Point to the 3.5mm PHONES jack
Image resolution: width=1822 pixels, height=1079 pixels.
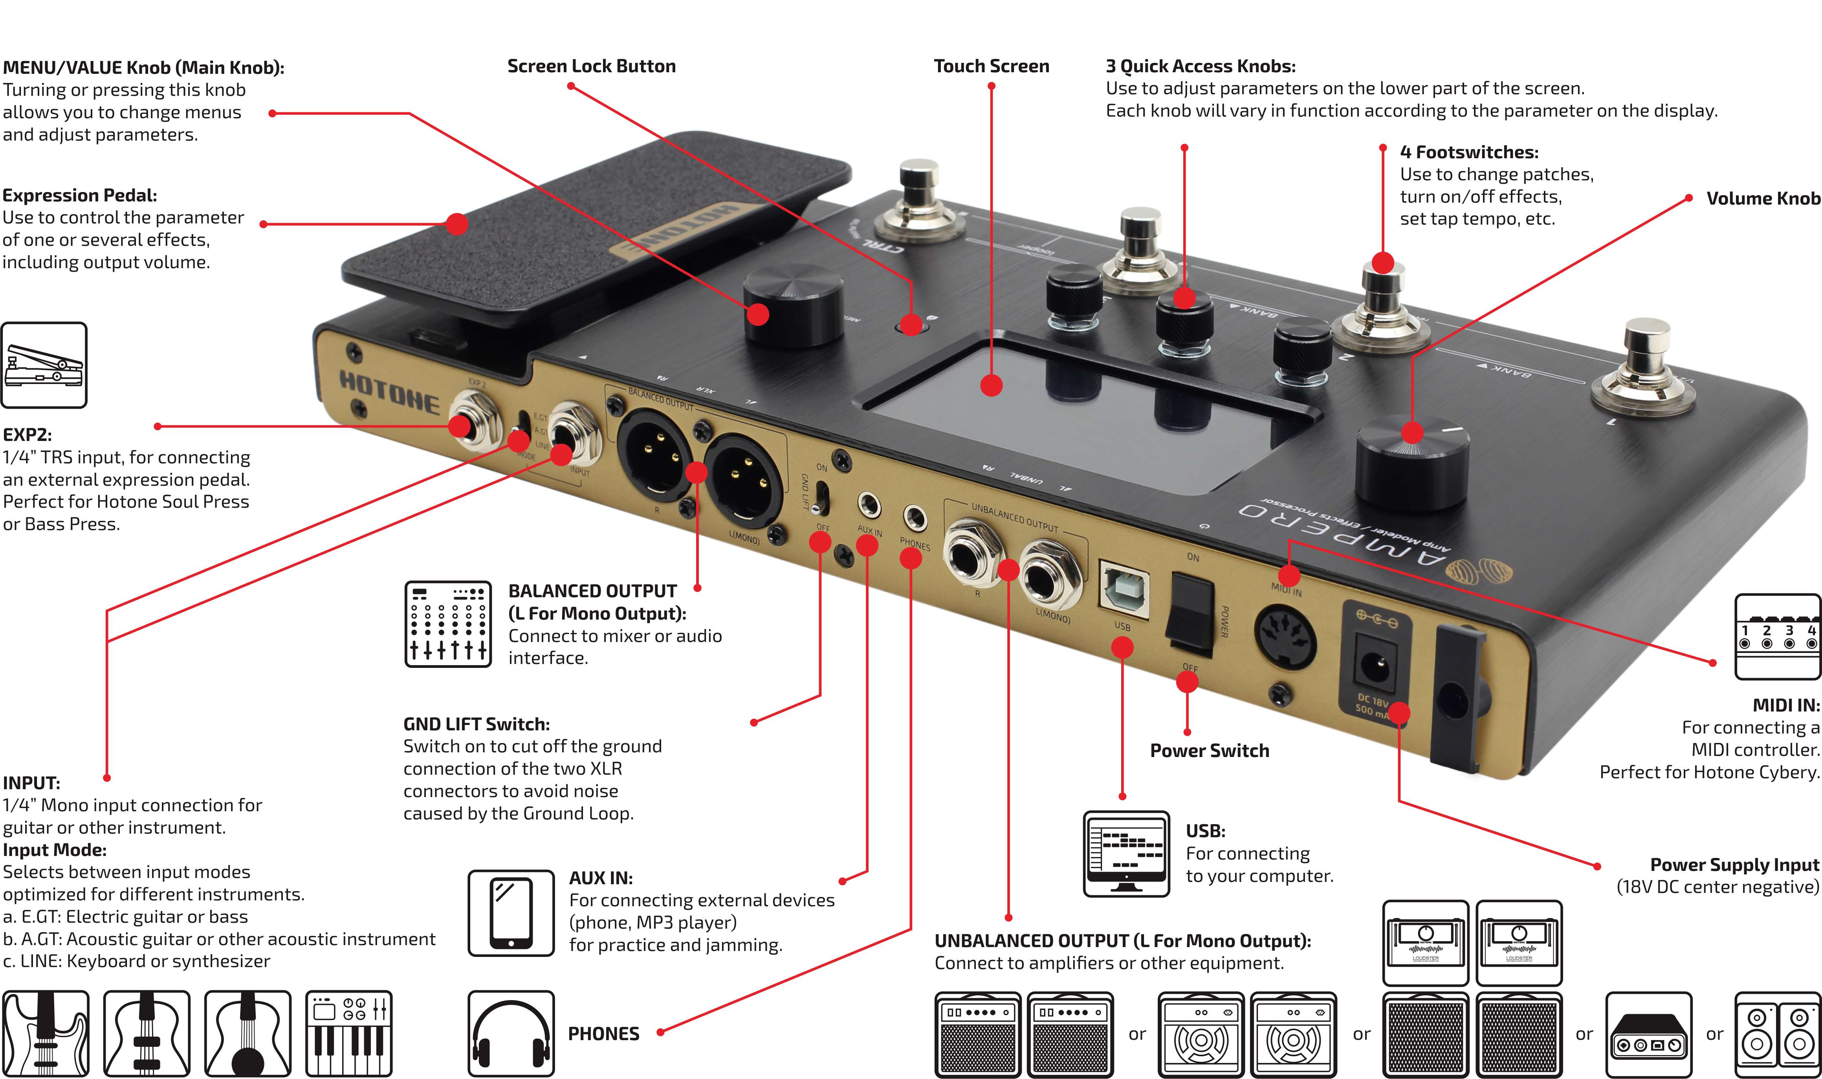point(914,518)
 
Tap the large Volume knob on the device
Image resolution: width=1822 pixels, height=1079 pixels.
point(1411,458)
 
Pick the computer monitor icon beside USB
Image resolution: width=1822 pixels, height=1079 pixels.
point(1126,854)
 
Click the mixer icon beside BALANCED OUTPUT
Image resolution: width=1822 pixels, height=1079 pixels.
point(447,624)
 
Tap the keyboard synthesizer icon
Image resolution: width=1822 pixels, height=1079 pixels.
point(348,1033)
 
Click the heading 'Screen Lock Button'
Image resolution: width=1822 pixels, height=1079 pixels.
point(591,66)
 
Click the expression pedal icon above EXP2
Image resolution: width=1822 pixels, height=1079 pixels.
point(44,365)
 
